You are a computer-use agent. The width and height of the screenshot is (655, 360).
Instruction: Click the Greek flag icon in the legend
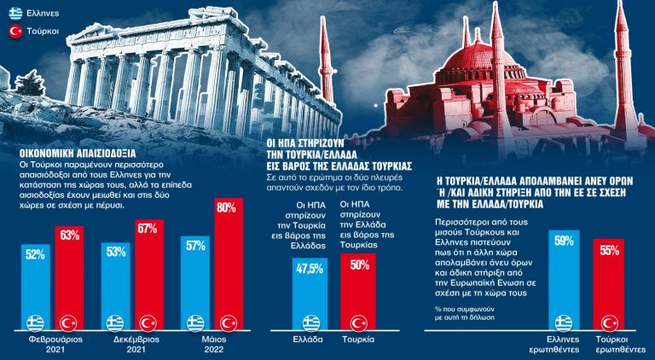14,14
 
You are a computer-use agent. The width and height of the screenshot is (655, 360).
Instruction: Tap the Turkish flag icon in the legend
14,32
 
